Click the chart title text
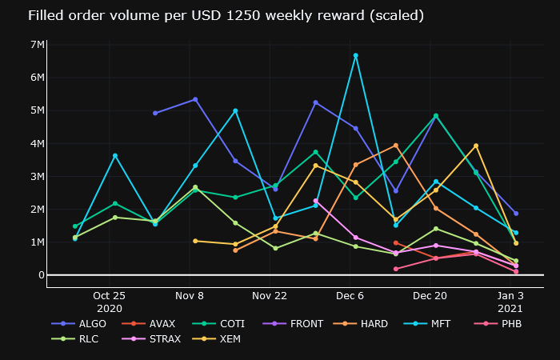(214, 16)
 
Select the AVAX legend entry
(157, 324)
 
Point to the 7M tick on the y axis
(37, 44)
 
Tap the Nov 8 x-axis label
(190, 296)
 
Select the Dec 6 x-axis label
(350, 296)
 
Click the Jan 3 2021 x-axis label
(510, 302)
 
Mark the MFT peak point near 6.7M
(355, 55)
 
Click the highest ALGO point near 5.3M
(195, 99)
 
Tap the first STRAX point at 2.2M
(315, 201)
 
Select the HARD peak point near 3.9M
(395, 145)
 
